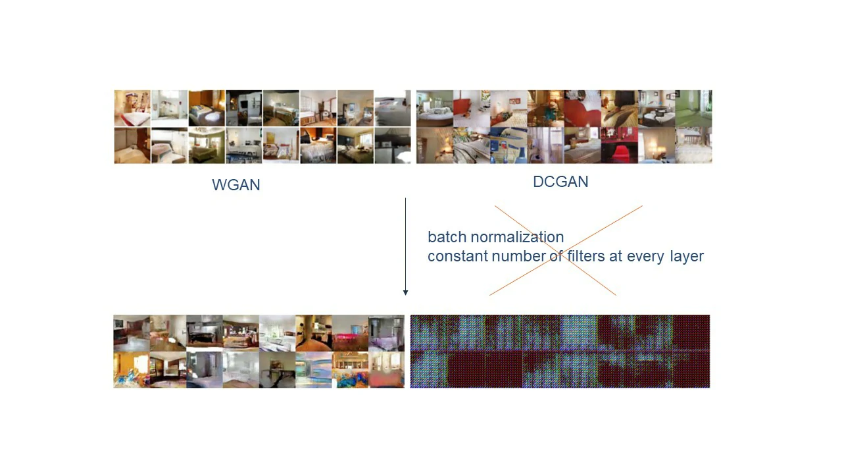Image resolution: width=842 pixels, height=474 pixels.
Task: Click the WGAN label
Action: point(236,185)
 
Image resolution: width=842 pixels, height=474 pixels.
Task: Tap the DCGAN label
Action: point(560,182)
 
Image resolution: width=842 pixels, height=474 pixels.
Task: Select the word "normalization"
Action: point(517,237)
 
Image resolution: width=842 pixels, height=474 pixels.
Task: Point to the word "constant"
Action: point(457,256)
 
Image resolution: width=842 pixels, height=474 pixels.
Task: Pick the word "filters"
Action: point(586,256)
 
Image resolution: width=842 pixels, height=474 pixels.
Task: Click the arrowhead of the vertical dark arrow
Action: point(405,292)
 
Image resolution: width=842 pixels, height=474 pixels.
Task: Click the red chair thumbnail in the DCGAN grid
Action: point(620,145)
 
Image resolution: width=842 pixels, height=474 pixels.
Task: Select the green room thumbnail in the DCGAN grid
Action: point(693,109)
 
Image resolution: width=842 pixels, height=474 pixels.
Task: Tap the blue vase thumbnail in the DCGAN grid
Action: point(508,145)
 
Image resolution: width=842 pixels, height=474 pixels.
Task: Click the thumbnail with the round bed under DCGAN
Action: point(435,109)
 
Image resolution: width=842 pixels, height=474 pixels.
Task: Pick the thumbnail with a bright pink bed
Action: point(350,333)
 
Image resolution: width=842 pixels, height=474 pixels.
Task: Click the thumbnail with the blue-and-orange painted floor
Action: point(350,370)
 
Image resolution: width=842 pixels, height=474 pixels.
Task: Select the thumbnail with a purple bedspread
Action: point(386,333)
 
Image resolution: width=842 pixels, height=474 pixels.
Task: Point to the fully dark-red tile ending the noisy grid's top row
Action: point(691,332)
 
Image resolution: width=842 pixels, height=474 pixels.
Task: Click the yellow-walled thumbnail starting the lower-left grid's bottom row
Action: point(132,370)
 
